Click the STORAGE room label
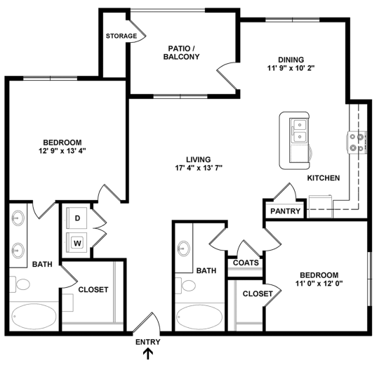coord(121,36)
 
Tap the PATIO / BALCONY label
coord(184,53)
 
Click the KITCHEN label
coord(324,178)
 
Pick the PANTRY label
coord(285,211)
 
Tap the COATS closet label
coord(246,263)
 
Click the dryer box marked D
coord(77,218)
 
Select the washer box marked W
coord(77,243)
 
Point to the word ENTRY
coord(148,343)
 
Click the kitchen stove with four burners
coord(357,143)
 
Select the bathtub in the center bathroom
coord(199,317)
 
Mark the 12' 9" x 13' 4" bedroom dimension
coord(62,150)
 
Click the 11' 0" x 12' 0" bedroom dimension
coord(319,284)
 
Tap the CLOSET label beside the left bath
coord(93,289)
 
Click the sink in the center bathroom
coord(185,247)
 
